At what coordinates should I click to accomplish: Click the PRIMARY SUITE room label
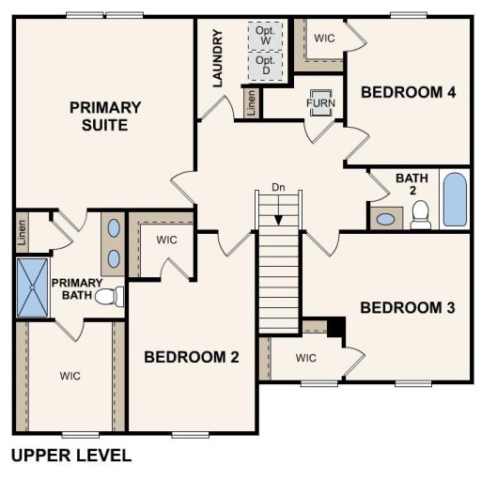pos(105,116)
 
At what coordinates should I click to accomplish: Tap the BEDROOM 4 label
pos(409,92)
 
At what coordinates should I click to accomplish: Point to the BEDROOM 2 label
pos(192,357)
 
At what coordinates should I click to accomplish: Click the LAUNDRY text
pos(218,59)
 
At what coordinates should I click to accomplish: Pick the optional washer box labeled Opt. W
pos(264,36)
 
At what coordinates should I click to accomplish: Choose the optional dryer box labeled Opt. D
pos(265,66)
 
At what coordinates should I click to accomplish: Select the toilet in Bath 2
pos(420,213)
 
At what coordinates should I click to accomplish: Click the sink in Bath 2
pos(385,220)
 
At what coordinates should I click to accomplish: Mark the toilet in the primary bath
pos(113,297)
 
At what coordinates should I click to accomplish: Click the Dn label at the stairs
pos(278,187)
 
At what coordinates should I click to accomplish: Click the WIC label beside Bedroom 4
pos(325,39)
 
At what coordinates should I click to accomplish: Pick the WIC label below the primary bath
pos(70,376)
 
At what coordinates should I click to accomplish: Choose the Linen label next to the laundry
pos(251,101)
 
